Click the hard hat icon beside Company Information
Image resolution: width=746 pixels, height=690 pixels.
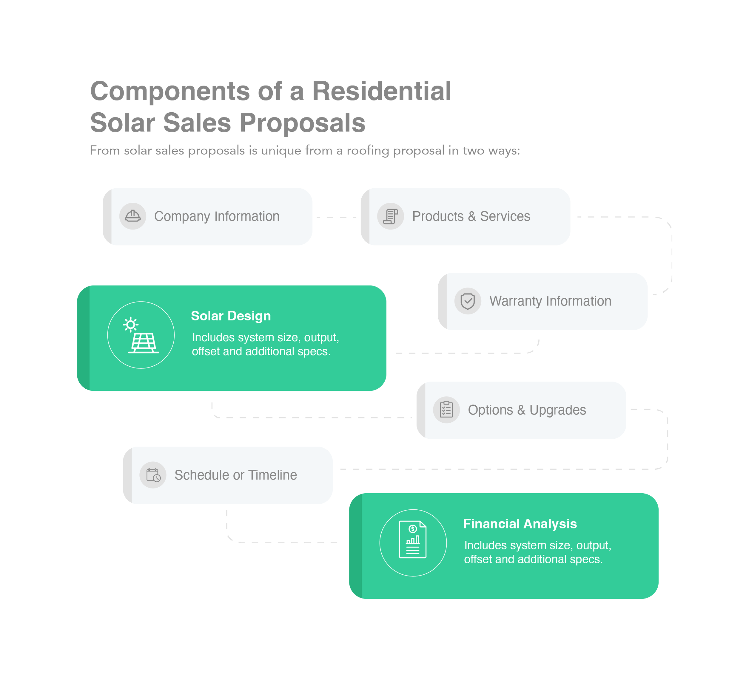pos(132,216)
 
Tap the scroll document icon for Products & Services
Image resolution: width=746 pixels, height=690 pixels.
pos(390,216)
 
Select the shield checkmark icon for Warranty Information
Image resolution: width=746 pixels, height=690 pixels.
pos(467,301)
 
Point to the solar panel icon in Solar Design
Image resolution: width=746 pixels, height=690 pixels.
pos(141,335)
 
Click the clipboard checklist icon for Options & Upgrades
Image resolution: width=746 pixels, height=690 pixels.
pos(446,410)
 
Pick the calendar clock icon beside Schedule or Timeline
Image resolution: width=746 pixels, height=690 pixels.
pos(153,475)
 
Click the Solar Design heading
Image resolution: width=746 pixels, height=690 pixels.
pos(231,316)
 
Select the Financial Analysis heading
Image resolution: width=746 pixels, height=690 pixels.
pos(520,524)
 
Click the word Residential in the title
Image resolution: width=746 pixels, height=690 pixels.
pos(382,91)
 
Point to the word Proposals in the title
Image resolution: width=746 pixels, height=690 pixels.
pos(302,123)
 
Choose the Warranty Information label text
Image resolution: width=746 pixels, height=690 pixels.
pos(550,301)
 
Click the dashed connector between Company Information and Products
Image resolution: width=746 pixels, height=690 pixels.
pos(336,217)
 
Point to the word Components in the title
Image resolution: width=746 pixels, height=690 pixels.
pos(170,91)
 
